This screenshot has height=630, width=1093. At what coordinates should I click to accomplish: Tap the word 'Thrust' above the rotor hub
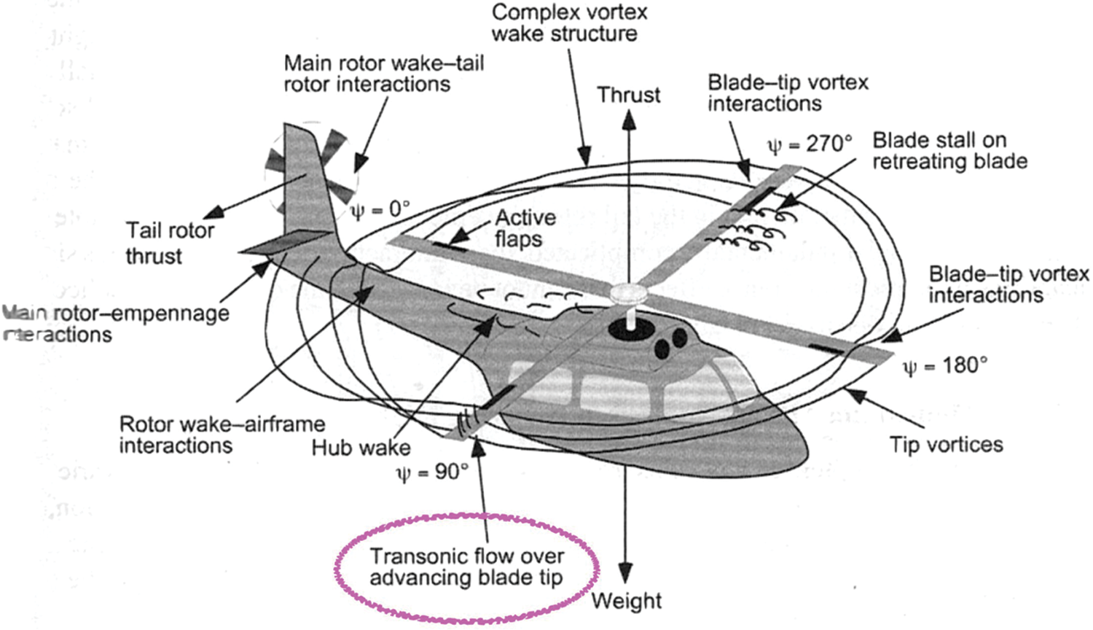tap(628, 95)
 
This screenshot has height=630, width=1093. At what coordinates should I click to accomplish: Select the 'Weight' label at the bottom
tap(626, 601)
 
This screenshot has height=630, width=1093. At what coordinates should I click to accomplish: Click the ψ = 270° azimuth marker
tap(810, 144)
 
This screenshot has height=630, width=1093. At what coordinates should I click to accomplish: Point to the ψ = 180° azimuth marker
tap(945, 365)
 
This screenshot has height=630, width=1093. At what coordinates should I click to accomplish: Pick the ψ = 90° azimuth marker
tap(432, 472)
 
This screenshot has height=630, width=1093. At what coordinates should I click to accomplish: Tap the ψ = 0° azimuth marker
tap(380, 210)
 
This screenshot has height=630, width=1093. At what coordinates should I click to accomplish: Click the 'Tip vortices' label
tap(946, 444)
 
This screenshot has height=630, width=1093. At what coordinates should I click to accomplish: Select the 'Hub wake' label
tap(361, 446)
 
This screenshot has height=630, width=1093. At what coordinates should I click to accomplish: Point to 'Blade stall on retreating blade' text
tap(949, 150)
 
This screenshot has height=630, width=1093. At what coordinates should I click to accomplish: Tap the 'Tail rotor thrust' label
tap(169, 243)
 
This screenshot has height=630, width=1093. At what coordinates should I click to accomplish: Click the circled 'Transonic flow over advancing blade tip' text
tap(466, 567)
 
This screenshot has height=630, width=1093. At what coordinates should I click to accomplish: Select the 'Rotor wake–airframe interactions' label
tap(222, 435)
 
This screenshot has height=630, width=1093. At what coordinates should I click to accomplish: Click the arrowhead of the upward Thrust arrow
tap(628, 121)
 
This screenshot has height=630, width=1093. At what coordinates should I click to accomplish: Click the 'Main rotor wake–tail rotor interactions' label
tap(383, 73)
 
